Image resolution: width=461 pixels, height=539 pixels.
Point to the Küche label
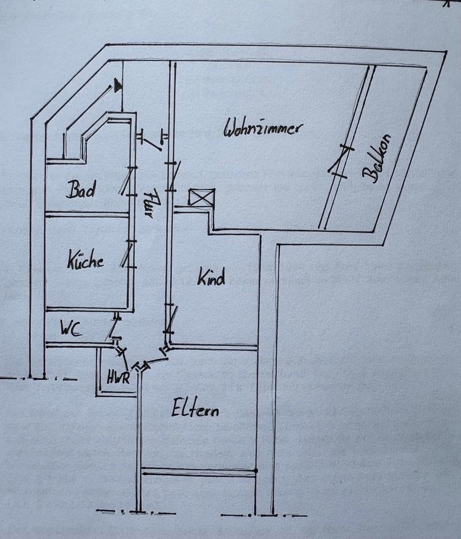click(x=86, y=261)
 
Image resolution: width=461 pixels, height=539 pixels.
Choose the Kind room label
click(x=211, y=277)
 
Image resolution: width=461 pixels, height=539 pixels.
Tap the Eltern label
click(x=195, y=408)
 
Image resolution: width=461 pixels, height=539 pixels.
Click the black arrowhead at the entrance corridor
click(x=117, y=85)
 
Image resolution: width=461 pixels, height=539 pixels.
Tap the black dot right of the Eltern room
click(x=255, y=470)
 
